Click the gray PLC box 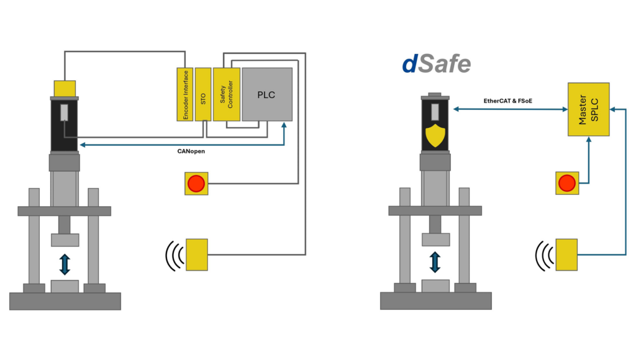(x=267, y=94)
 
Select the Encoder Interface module (x=185, y=94)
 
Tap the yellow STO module (x=203, y=94)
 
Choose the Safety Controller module (x=226, y=94)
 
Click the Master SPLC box (x=588, y=109)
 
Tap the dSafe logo (x=436, y=63)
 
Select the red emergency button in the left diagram (x=196, y=184)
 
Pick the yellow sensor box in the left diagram (x=196, y=254)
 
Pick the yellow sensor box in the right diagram (x=567, y=254)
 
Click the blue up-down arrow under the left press (x=65, y=263)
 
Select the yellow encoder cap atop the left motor (x=65, y=88)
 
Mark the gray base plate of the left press (x=65, y=301)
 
